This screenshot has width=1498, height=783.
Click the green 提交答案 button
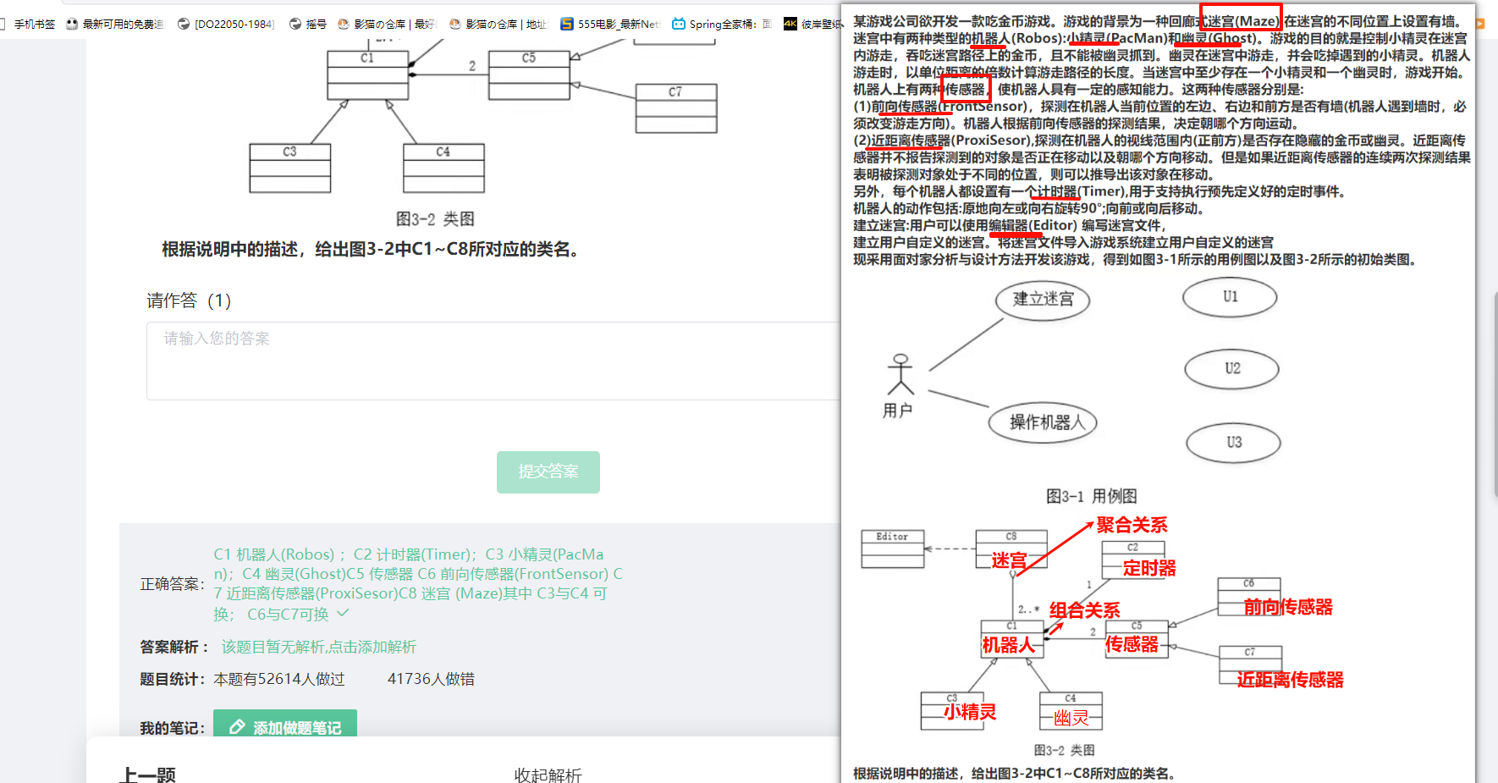[548, 471]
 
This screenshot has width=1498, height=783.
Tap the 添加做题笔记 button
[285, 727]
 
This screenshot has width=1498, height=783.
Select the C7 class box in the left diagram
[675, 108]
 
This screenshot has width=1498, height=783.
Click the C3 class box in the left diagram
[289, 168]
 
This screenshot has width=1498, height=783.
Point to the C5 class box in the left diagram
[528, 74]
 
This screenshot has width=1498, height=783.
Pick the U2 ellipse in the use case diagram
[1231, 369]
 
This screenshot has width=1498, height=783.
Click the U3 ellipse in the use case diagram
[1233, 442]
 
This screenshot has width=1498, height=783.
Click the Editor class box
[892, 549]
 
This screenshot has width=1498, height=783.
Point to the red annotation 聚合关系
[1132, 525]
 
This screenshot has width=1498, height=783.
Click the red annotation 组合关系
[1084, 610]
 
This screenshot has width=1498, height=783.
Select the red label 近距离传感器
[1290, 680]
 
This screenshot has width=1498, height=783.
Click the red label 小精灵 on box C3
[970, 712]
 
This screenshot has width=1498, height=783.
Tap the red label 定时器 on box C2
[1148, 568]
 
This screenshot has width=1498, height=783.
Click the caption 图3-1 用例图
[1091, 496]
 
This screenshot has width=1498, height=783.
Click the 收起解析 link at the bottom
[548, 775]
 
